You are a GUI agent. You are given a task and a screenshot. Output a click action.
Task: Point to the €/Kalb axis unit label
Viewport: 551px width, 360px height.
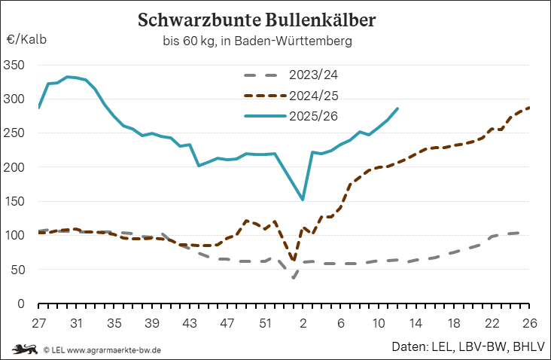click(26, 40)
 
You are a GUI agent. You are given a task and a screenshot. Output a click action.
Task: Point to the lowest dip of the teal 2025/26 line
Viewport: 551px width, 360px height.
click(303, 200)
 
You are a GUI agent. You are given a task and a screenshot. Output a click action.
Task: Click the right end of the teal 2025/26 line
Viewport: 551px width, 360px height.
click(397, 108)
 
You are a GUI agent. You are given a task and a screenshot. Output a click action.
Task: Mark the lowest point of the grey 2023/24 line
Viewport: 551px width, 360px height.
click(294, 277)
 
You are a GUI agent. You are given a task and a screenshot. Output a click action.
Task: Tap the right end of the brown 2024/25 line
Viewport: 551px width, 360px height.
click(529, 108)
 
